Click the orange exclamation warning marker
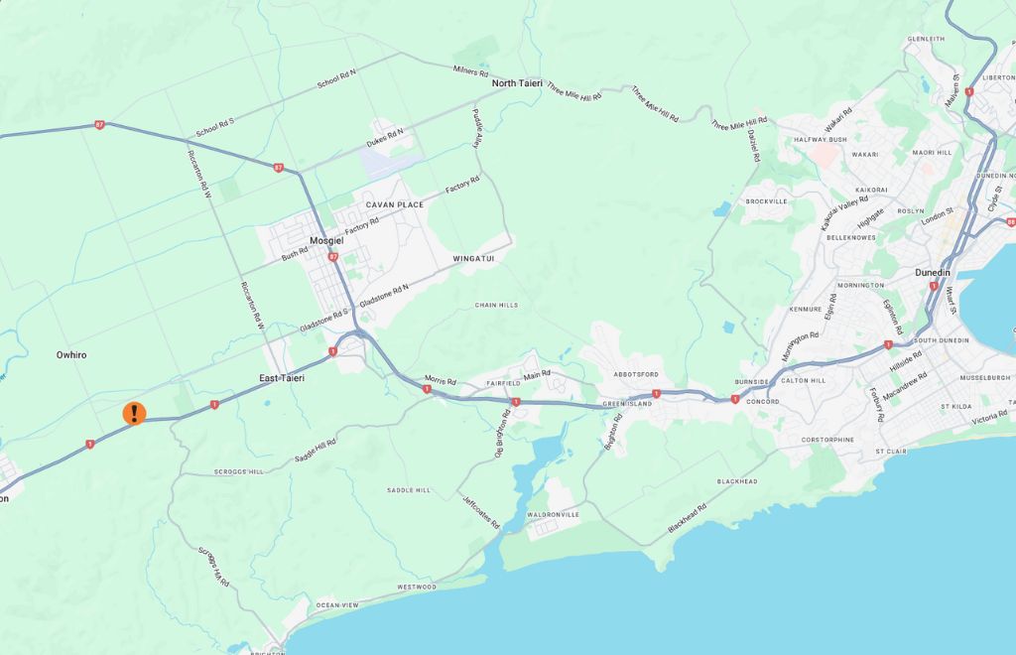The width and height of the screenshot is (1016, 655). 134,413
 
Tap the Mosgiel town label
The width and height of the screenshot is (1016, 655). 325,240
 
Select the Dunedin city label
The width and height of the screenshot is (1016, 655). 932,272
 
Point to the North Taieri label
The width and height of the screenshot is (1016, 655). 517,83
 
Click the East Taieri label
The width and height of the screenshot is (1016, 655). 282,378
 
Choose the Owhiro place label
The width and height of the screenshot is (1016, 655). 71,354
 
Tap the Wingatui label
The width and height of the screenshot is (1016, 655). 473,259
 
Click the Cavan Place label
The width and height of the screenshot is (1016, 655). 395,204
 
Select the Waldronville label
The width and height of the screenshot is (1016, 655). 553,514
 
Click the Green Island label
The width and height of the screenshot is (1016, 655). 628,404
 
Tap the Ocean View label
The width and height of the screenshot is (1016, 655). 337,605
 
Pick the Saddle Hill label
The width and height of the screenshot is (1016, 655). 409,490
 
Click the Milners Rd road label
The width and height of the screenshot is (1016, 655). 471,72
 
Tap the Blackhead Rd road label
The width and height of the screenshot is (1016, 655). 688,519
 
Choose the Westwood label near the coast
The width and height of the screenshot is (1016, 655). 417,587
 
